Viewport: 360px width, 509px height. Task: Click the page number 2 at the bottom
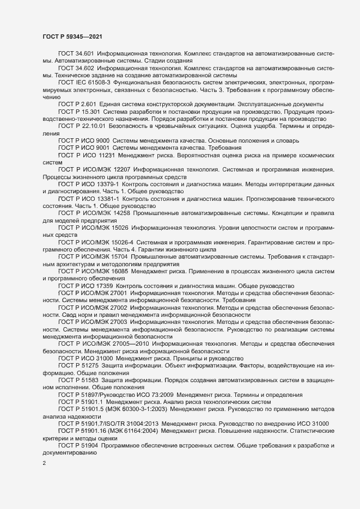coord(44,464)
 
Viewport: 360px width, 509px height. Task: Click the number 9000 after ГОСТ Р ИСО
coord(100,140)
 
